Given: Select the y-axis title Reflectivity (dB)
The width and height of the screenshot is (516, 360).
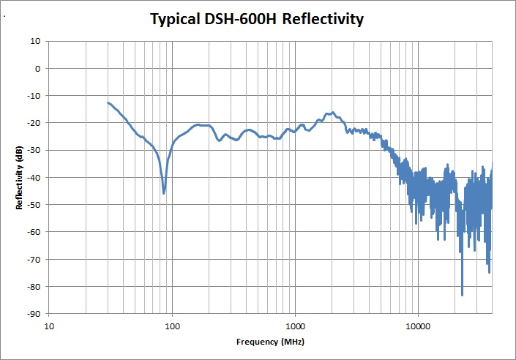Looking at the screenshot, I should tap(20, 178).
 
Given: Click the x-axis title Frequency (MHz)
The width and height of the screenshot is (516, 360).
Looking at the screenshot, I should tap(270, 342).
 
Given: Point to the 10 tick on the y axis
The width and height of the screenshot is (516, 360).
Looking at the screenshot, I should tap(35, 41).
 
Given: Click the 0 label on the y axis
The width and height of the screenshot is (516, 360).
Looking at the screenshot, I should tap(37, 68).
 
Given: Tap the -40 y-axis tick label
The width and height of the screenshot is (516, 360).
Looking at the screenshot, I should tap(34, 177).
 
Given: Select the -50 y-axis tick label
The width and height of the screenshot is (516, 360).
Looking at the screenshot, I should tap(34, 204).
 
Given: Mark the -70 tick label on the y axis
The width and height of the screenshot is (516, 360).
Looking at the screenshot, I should tap(34, 259).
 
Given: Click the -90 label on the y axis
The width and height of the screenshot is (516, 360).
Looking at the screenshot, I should tap(34, 313).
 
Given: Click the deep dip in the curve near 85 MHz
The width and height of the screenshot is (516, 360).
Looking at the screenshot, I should tap(164, 193).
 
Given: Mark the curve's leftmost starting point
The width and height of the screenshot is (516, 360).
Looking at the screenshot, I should tap(108, 103).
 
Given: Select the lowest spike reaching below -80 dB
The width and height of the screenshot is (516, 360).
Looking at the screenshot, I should tap(462, 294).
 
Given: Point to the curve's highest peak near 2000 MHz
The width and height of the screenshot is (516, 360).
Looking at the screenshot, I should tap(332, 113).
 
